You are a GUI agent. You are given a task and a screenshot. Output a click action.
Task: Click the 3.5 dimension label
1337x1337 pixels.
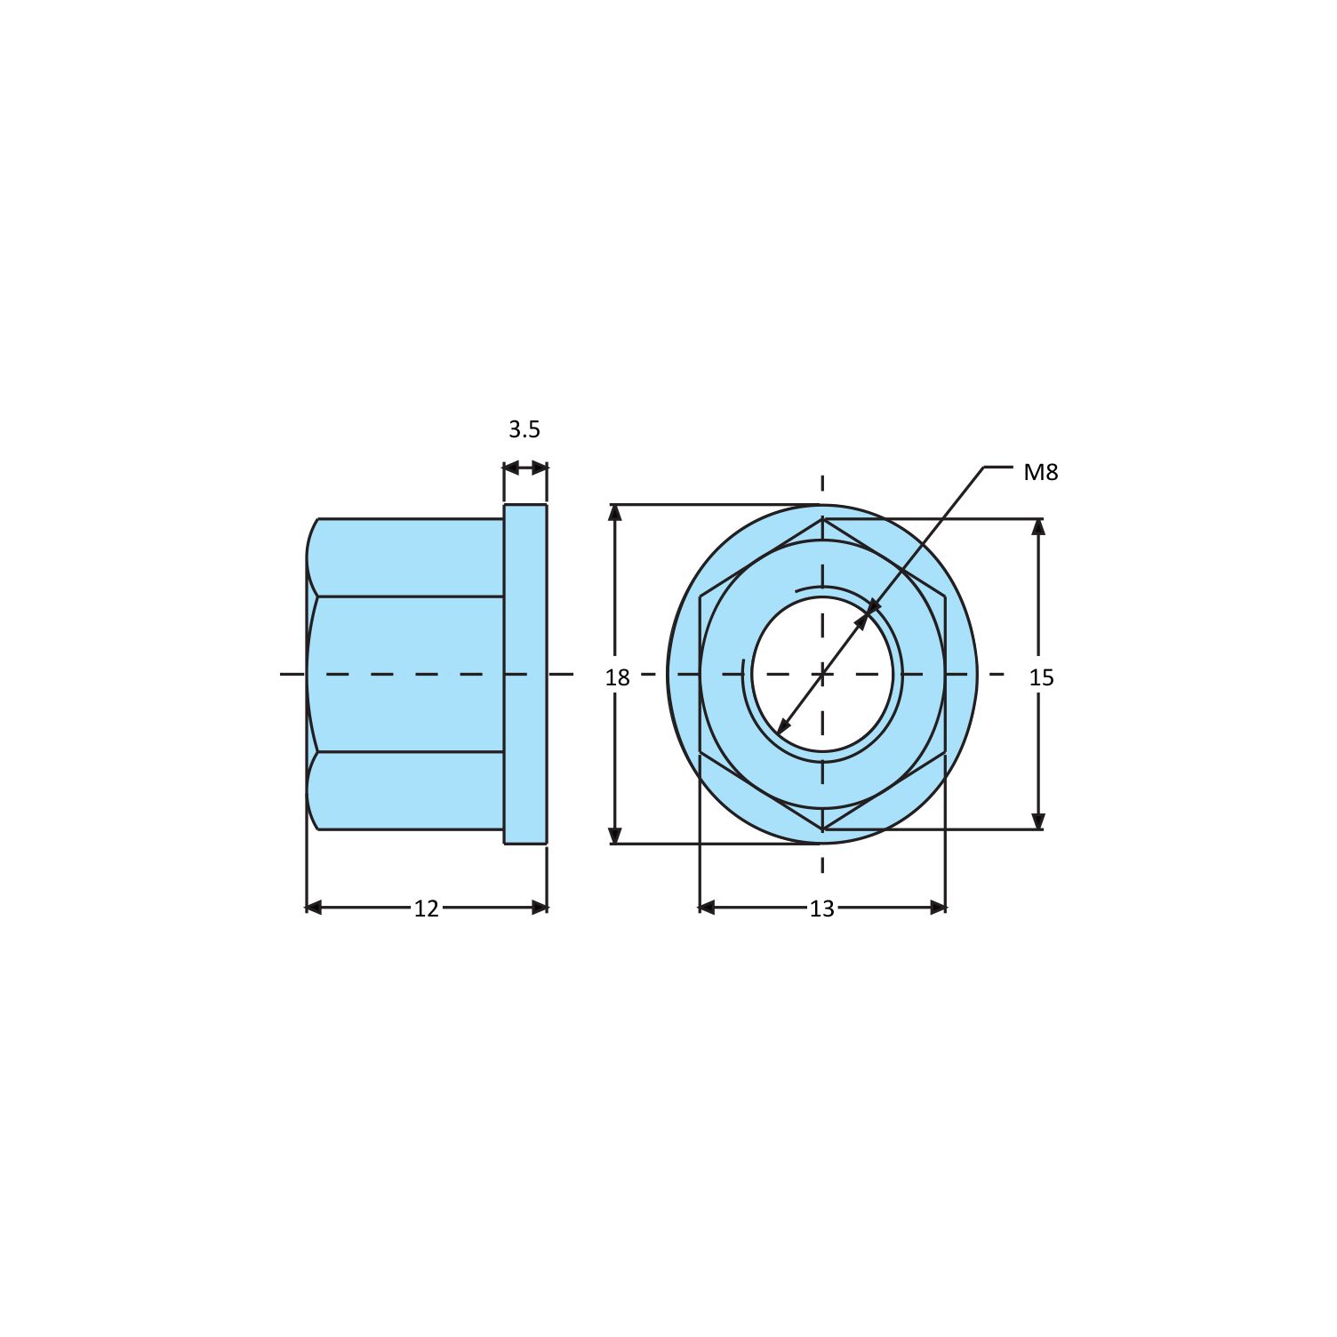pos(524,429)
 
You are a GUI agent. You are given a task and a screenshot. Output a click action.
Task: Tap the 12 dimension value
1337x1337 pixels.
pos(427,909)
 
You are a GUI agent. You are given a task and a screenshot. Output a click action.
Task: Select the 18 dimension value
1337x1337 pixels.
pos(617,677)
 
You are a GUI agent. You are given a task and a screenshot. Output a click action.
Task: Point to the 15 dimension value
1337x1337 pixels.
pos(1041,677)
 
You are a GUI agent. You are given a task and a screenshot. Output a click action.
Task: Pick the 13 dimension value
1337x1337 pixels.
pos(822,909)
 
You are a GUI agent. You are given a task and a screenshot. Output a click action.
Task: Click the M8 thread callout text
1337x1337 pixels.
pos(1041,472)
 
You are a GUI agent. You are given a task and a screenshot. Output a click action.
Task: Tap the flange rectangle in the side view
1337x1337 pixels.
pos(525,674)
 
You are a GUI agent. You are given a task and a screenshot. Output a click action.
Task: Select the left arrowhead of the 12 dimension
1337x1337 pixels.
pos(314,908)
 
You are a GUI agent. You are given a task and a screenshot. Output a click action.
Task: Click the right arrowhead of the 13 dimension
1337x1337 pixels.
pos(938,908)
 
